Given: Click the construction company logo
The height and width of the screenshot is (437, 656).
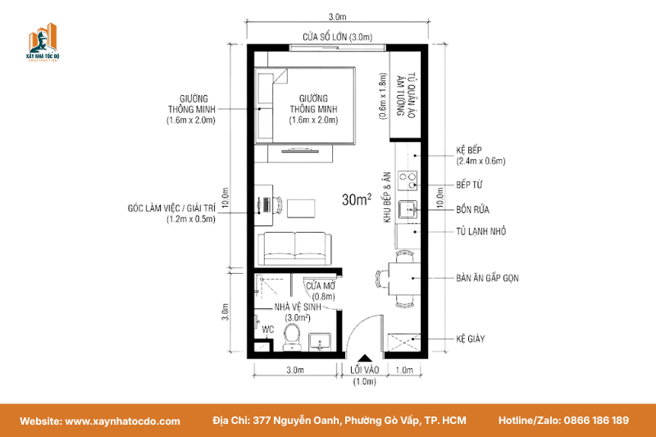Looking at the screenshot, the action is [x=43, y=43].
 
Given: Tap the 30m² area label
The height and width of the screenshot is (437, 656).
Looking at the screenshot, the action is [x=357, y=199].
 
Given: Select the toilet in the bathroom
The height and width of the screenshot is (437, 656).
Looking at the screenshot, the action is [x=292, y=337].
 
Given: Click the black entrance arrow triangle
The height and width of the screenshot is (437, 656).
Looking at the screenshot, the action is [x=365, y=358].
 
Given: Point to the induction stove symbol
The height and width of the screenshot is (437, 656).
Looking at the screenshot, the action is [x=407, y=180].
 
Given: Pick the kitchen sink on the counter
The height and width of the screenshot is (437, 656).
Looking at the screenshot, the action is [x=407, y=209].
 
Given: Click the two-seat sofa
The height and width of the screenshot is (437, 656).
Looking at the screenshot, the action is [x=294, y=248].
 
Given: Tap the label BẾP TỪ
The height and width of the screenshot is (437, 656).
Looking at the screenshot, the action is [x=469, y=184].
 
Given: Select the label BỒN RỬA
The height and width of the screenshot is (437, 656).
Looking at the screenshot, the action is [x=472, y=210].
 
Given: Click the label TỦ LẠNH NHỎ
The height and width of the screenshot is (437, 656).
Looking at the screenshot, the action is [x=481, y=231].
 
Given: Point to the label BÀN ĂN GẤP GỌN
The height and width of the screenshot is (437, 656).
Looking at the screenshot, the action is [x=487, y=278].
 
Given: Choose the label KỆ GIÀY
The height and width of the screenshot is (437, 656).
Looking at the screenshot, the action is [x=470, y=339].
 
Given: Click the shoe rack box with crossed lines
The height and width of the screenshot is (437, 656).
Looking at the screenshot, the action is [x=403, y=343].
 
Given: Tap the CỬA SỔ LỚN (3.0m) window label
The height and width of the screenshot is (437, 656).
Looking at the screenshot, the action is [x=337, y=37].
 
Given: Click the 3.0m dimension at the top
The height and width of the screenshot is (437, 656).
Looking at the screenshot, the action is [x=337, y=16].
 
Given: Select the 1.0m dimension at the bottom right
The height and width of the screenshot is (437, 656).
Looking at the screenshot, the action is [x=404, y=370].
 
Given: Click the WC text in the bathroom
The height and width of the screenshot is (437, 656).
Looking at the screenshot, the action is [x=268, y=330].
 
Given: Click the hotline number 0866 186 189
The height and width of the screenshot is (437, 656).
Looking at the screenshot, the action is [x=596, y=421].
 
